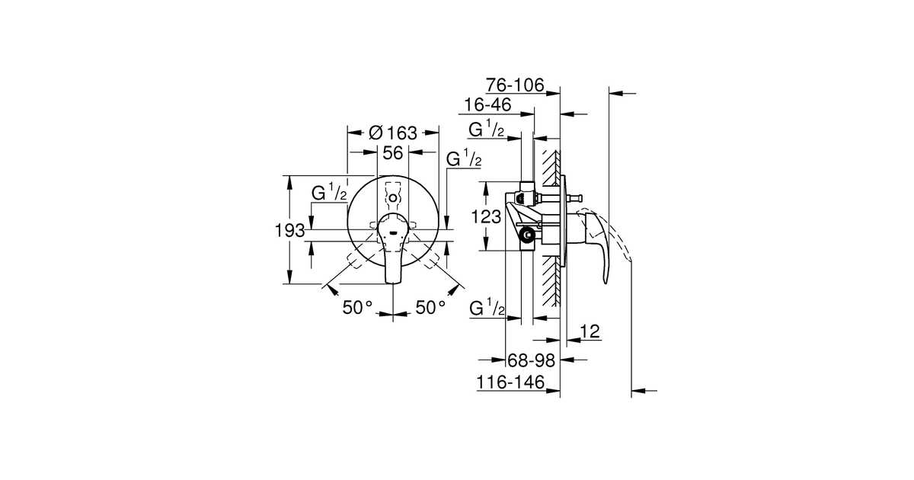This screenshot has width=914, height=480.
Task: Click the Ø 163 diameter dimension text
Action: coord(393,132)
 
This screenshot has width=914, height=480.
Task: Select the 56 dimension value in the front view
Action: coord(393,153)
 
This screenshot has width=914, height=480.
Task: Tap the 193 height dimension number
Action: coord(289,229)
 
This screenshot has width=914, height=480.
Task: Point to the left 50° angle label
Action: coord(357,307)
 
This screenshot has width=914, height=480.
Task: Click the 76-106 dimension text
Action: coord(516,85)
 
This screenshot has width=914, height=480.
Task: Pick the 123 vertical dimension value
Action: coord(486,216)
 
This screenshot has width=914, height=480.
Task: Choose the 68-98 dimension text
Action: coord(531,360)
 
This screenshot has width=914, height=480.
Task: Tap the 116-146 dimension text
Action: coord(511,382)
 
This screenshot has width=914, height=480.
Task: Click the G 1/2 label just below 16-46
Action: coord(487,130)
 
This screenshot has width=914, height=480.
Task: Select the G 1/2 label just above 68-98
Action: coord(487,309)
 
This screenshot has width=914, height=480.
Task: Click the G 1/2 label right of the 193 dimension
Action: coord(329,194)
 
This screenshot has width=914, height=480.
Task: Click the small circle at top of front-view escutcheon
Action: coord(393,198)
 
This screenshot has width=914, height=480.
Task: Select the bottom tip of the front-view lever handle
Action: coord(393,283)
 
